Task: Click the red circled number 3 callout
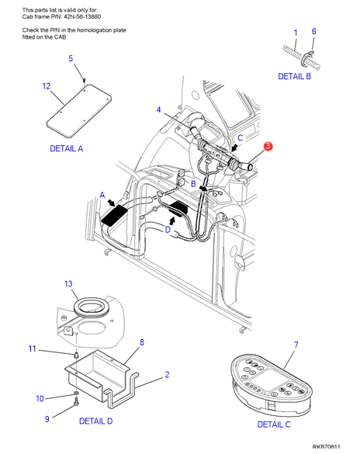[268, 146]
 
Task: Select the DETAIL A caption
[67, 148]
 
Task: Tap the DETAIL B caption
[294, 76]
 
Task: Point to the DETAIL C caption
[274, 425]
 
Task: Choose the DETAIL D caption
[95, 421]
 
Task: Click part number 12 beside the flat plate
[47, 86]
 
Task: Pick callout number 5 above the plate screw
[71, 58]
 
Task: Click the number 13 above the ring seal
[68, 284]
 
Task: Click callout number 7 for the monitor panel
[296, 345]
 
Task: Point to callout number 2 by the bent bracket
[167, 375]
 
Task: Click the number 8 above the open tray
[142, 342]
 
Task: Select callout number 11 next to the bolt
[32, 348]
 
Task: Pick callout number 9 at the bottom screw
[47, 419]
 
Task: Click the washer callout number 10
[40, 399]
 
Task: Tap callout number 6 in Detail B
[313, 31]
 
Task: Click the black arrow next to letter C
[234, 148]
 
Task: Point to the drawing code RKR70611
[326, 447]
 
